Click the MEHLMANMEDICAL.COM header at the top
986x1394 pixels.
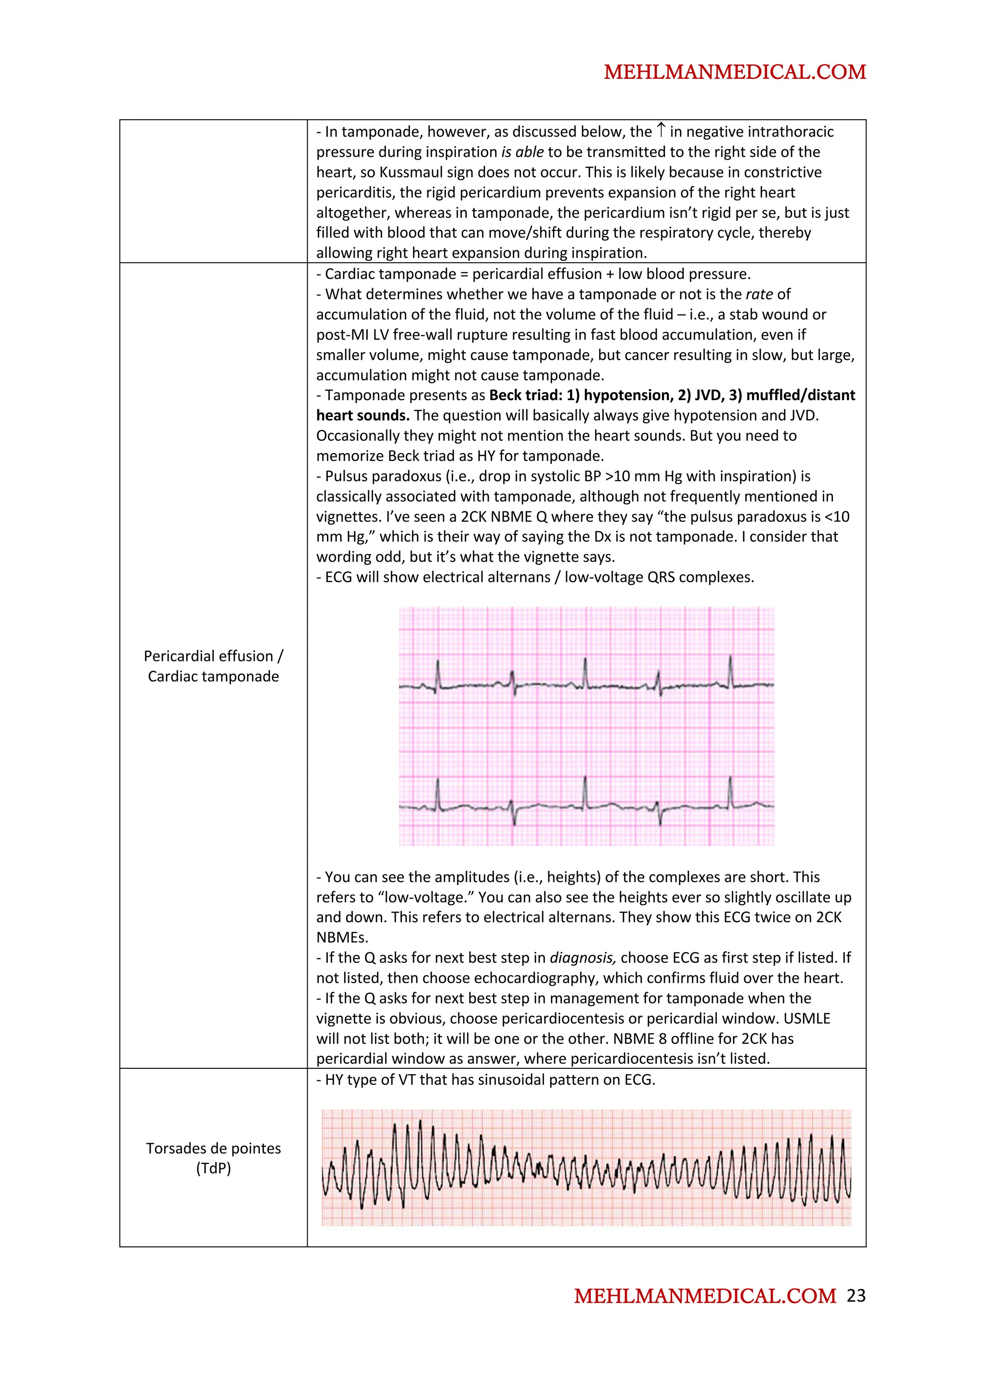click(735, 72)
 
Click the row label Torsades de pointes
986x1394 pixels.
click(213, 1148)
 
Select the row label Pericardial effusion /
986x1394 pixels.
click(213, 656)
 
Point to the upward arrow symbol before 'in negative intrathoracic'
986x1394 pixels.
click(661, 130)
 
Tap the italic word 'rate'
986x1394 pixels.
click(759, 294)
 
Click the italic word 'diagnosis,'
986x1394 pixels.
click(583, 958)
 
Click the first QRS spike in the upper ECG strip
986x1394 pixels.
click(438, 673)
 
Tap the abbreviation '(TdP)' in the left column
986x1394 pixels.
click(213, 1169)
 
